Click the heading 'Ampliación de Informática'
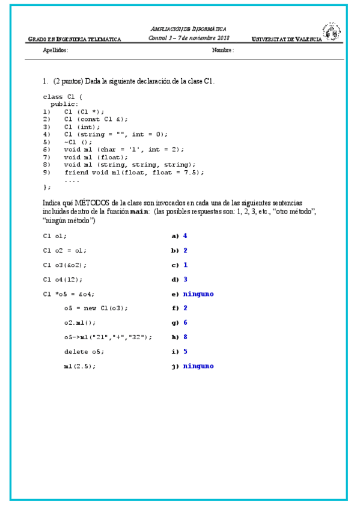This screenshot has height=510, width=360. click(x=188, y=28)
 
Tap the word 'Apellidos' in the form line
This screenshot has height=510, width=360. click(x=56, y=51)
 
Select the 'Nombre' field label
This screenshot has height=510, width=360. click(x=222, y=51)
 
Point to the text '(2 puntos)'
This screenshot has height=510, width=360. click(x=68, y=81)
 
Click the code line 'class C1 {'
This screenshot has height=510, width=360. click(x=63, y=96)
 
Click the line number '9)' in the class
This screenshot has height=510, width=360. click(x=47, y=172)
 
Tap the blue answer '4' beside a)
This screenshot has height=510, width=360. click(x=185, y=236)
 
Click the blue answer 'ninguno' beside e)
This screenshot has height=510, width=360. click(x=198, y=294)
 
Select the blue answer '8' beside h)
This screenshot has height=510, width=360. click(x=185, y=337)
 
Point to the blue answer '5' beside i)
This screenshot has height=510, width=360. click(x=185, y=351)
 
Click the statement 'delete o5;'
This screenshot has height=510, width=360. click(x=84, y=352)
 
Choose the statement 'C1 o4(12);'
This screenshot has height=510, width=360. click(x=63, y=280)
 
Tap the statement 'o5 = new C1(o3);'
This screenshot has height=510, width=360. click(x=96, y=309)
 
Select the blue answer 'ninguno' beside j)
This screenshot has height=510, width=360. click(x=198, y=366)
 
